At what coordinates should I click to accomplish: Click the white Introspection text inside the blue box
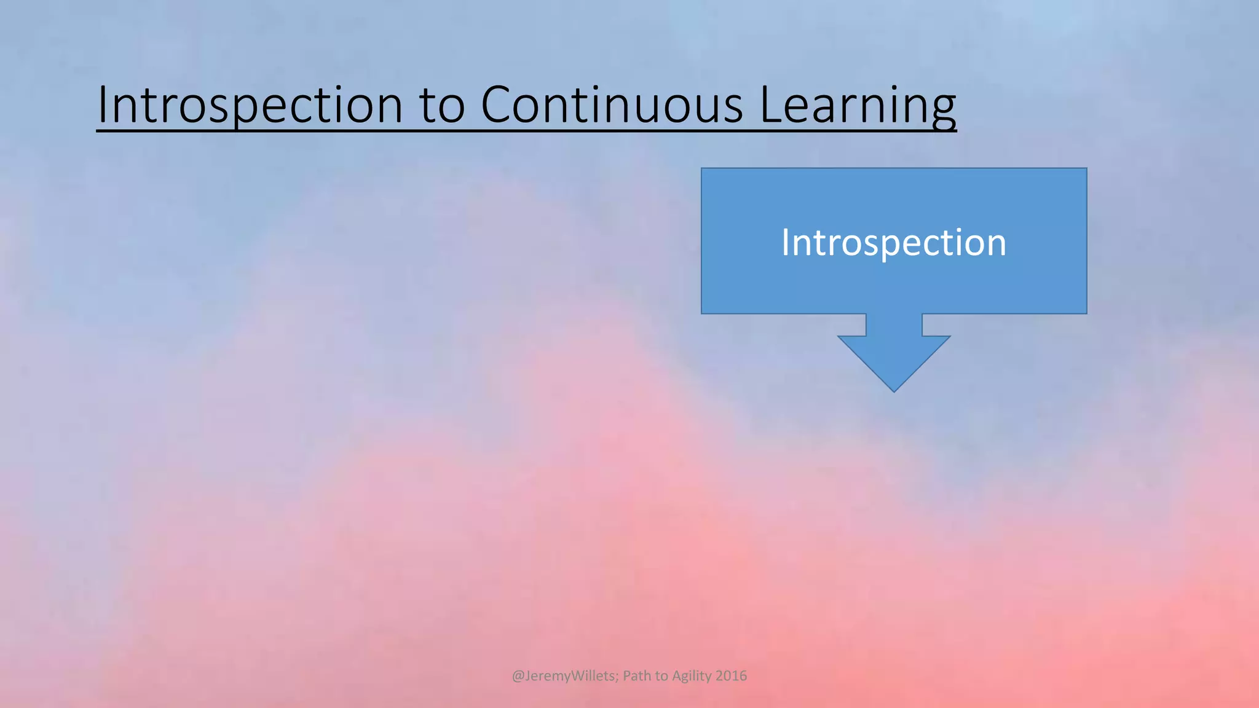point(894,242)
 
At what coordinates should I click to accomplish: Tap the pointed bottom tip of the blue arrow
point(894,390)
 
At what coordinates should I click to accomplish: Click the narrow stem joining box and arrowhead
point(894,324)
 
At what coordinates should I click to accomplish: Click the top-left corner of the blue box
point(703,169)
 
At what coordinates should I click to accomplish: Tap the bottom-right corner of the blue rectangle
point(1086,312)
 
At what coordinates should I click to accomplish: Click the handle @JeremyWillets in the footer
point(563,675)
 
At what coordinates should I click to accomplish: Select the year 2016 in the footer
point(732,675)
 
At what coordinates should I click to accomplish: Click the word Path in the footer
point(636,675)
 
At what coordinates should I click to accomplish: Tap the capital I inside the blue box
point(785,242)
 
